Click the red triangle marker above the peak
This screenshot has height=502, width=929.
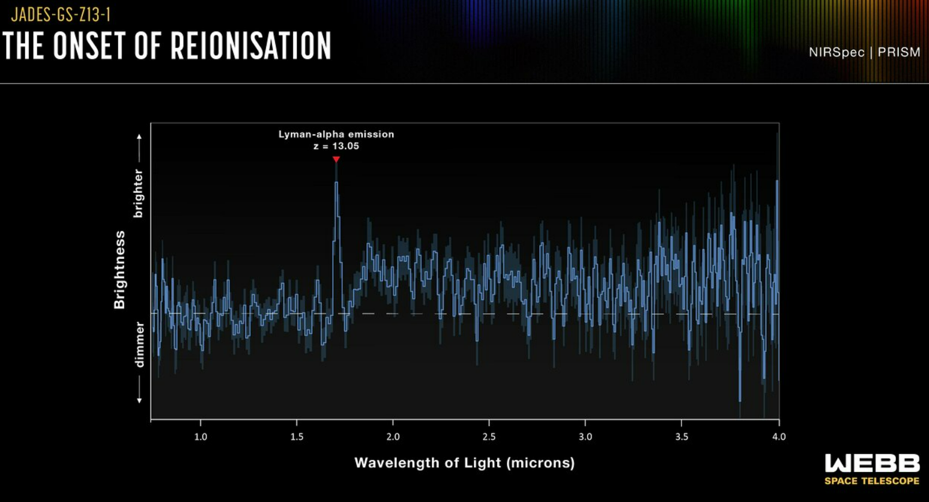click(336, 159)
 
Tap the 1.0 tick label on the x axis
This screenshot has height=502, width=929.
click(201, 437)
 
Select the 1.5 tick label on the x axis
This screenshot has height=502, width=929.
click(297, 437)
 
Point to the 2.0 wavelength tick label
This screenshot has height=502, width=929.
click(393, 437)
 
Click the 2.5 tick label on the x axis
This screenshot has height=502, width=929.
click(489, 437)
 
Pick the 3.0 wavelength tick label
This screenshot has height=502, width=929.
click(585, 437)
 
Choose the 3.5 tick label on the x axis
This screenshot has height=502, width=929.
click(682, 437)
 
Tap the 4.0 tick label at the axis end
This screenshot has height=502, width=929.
click(778, 437)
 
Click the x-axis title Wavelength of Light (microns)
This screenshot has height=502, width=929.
click(464, 463)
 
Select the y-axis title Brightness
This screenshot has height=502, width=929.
click(120, 270)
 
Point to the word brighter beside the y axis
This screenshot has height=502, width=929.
click(139, 193)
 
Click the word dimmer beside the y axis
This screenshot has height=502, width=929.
click(139, 344)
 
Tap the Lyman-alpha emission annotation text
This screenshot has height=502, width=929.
click(336, 134)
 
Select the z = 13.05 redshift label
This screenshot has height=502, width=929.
click(336, 146)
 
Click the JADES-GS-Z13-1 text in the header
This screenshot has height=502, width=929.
click(61, 14)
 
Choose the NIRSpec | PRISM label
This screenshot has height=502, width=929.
click(864, 52)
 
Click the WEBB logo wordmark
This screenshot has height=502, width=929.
click(872, 463)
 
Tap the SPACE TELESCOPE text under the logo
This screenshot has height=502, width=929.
click(872, 481)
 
